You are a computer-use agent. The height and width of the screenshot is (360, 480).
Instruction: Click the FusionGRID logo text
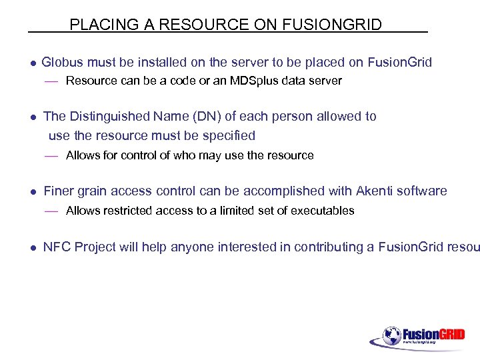tap(433, 334)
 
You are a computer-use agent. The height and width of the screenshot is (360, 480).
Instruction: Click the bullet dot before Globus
tap(32, 63)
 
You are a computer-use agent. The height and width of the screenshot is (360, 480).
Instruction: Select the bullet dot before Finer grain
tap(32, 192)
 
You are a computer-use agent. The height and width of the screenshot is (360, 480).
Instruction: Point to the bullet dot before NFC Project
tap(32, 248)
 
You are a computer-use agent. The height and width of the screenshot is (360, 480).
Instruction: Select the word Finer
tap(59, 191)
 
